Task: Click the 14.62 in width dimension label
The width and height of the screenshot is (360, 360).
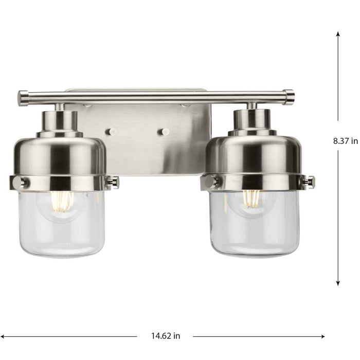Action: [x=165, y=336]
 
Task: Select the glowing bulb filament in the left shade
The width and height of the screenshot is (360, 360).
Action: [x=62, y=201]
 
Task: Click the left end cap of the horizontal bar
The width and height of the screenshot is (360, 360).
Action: [x=23, y=98]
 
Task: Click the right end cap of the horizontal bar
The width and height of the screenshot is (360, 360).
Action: [x=289, y=97]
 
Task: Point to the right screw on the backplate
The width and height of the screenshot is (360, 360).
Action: [x=164, y=132]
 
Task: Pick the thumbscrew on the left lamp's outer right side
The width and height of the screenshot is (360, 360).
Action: [x=113, y=182]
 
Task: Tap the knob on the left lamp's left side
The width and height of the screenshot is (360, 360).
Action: [x=17, y=182]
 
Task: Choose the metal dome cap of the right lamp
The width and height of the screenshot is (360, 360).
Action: [x=253, y=154]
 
